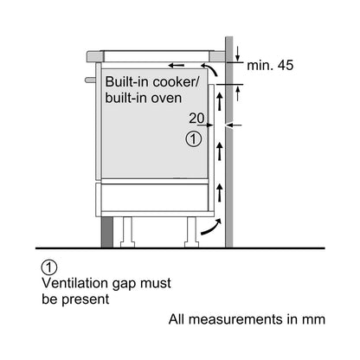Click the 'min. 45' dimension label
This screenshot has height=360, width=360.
270,65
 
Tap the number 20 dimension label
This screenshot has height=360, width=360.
196,118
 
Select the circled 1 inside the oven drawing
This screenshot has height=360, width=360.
194,139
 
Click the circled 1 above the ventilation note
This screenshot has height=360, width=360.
49,267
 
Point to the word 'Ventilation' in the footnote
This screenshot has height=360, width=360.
75,283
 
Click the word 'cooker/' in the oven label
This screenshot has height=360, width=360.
176,82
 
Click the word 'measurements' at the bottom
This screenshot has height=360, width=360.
236,319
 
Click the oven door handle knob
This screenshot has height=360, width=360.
90,80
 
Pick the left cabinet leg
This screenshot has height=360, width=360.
127,232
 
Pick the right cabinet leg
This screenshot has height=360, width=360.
191,232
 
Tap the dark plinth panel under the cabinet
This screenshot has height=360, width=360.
107,232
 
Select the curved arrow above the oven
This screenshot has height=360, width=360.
211,68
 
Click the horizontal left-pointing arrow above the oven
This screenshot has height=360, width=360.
177,66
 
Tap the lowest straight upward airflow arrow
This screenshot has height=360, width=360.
220,192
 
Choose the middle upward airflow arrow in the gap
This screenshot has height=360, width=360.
220,151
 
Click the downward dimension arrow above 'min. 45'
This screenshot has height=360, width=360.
237,54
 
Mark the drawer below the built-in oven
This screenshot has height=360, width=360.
154,197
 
